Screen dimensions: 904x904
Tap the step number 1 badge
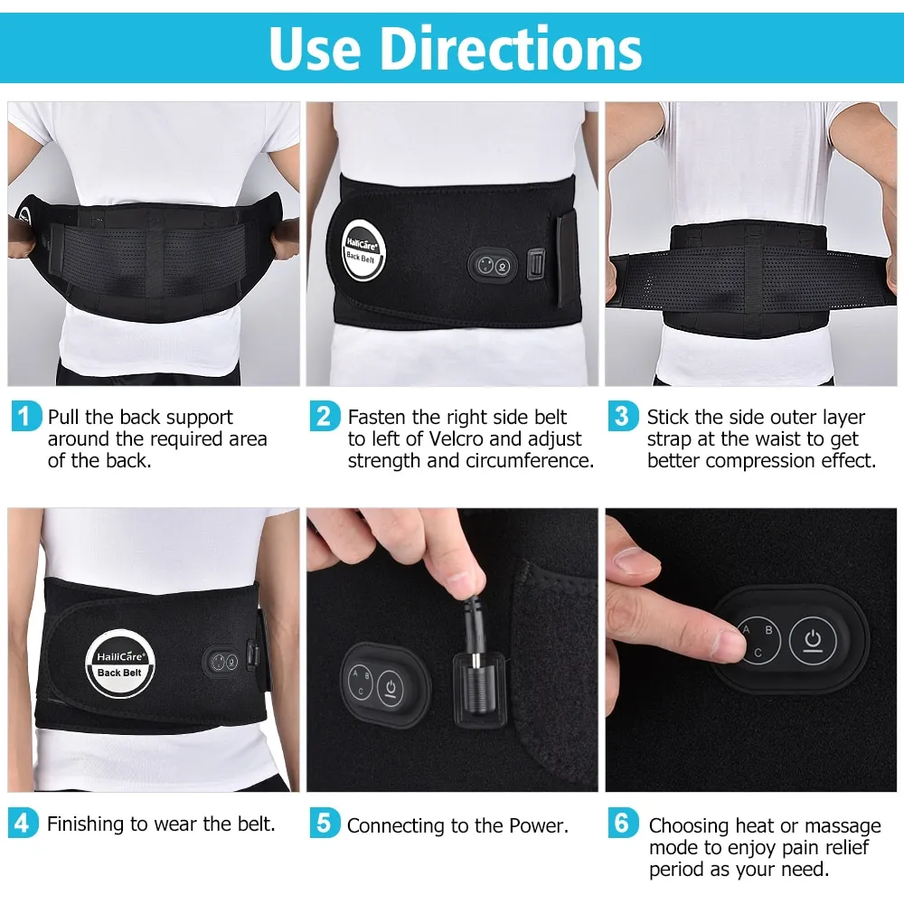(25, 416)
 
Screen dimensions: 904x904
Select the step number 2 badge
(324, 416)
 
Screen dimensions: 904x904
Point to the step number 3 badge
(623, 416)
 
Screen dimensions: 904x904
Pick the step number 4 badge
(24, 823)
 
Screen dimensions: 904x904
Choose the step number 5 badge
(324, 823)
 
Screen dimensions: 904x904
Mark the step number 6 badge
(623, 823)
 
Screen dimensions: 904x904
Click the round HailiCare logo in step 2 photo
(363, 250)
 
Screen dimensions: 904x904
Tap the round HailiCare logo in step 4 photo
(120, 663)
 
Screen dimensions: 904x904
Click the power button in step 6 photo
(813, 641)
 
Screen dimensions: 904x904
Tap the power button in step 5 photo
(391, 688)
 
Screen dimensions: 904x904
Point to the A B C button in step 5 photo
(361, 682)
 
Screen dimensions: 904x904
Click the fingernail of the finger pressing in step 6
(727, 645)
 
